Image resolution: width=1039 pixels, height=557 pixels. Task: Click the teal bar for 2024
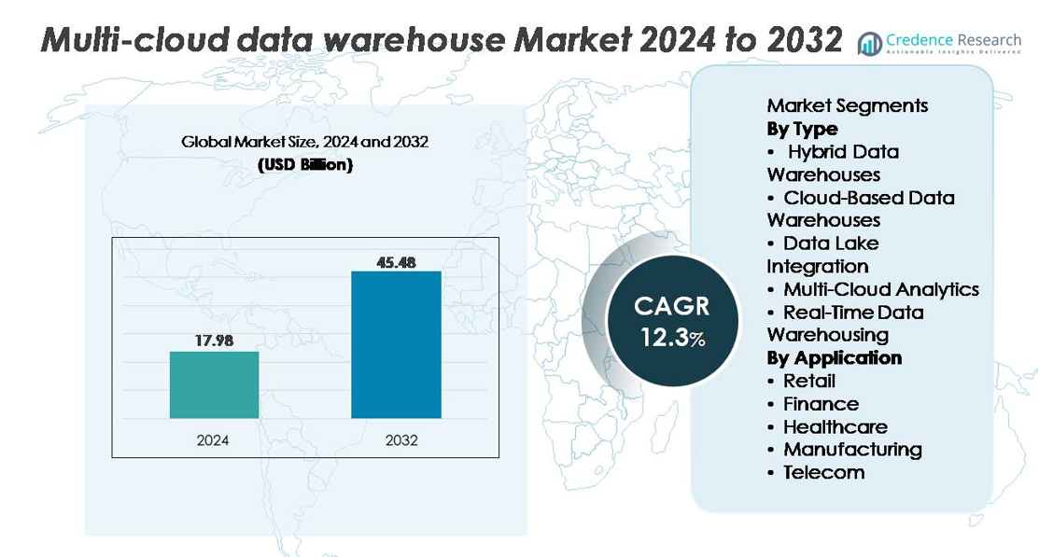tap(214, 384)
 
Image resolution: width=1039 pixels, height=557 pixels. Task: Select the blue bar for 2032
tap(396, 344)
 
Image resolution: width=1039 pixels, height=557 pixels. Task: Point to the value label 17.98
tap(214, 341)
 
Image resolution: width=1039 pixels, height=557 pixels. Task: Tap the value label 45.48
tap(396, 261)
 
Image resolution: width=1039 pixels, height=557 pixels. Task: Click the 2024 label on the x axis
tap(213, 439)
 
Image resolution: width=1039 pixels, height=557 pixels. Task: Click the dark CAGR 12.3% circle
tap(672, 321)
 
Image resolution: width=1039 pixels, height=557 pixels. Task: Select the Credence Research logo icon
tap(870, 43)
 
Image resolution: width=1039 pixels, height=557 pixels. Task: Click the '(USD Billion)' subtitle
tap(304, 165)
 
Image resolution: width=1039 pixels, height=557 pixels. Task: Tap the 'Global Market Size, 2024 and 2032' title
tap(304, 143)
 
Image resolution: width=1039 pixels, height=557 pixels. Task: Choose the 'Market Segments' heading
tap(847, 105)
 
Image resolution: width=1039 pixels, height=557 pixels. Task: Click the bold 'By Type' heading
tap(802, 129)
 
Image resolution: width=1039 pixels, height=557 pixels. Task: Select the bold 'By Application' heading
tap(834, 357)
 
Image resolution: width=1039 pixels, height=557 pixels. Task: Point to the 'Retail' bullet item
tap(808, 381)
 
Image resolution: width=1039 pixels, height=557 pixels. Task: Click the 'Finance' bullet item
tap(821, 403)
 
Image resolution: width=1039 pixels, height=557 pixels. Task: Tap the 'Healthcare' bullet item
tap(835, 426)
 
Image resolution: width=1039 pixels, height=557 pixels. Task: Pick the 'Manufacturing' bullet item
tap(851, 449)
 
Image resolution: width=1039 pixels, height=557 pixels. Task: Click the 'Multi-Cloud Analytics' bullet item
tap(880, 289)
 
